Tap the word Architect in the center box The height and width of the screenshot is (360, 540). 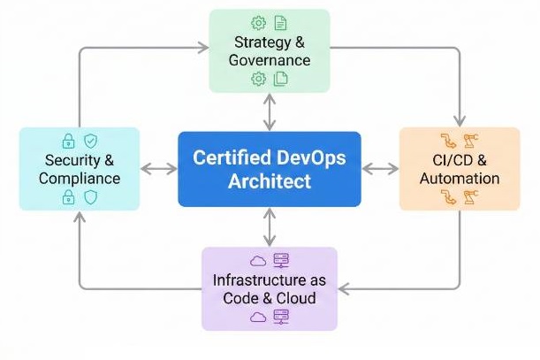click(269, 182)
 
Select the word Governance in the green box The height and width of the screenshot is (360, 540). click(270, 60)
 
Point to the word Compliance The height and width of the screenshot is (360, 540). click(79, 178)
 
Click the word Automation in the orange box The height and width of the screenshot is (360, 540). click(460, 178)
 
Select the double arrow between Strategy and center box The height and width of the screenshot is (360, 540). click(270, 112)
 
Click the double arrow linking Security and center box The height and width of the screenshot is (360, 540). click(159, 169)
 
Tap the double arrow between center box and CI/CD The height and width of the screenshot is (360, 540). click(380, 169)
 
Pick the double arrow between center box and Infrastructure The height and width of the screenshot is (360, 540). click(270, 226)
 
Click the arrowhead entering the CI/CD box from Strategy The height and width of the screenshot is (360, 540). click(460, 122)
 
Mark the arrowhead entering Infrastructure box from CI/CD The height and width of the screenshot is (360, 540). click(346, 288)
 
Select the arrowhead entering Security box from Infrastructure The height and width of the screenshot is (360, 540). click(79, 218)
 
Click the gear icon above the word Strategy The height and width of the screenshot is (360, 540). click(258, 22)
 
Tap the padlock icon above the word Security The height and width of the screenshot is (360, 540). click(67, 141)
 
